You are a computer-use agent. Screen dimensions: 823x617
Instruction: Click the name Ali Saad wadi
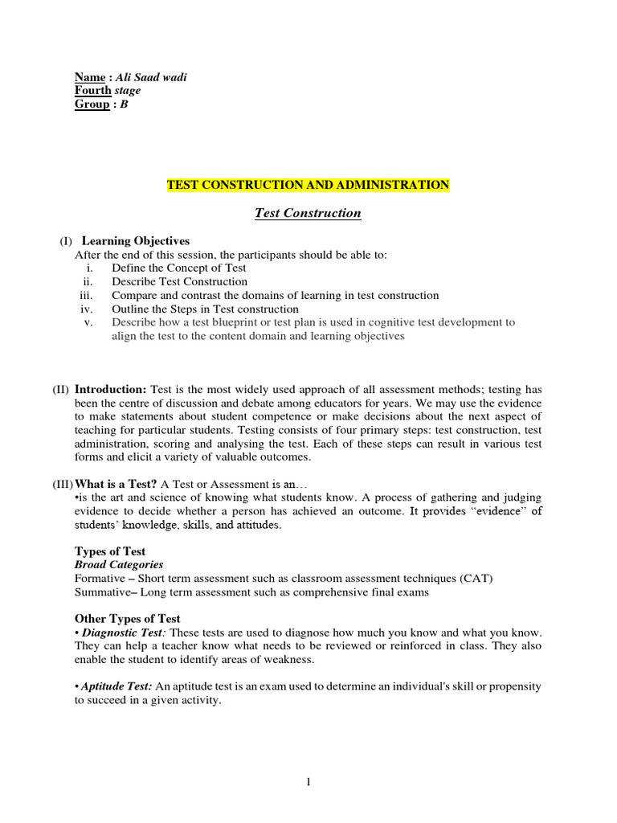coord(151,77)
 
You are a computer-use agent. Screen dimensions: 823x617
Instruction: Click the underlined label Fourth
coord(92,91)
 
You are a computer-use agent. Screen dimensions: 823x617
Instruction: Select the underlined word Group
coord(92,104)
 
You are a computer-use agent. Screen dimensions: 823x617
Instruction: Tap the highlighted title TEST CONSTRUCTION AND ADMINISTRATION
coord(308,185)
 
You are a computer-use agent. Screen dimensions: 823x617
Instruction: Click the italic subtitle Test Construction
coord(308,213)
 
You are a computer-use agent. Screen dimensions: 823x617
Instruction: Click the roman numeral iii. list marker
coord(88,296)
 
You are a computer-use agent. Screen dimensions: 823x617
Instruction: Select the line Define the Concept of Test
coord(179,268)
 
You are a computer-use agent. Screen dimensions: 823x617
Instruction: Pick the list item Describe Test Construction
coord(179,282)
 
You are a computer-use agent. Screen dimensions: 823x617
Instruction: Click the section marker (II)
coord(61,389)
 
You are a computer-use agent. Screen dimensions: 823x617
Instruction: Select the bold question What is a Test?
coord(116,485)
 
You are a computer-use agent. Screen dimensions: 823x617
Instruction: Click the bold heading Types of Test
coord(110,551)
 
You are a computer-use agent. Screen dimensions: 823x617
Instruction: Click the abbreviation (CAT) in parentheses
coord(477,579)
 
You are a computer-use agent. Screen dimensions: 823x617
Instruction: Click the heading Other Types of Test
coord(128,619)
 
